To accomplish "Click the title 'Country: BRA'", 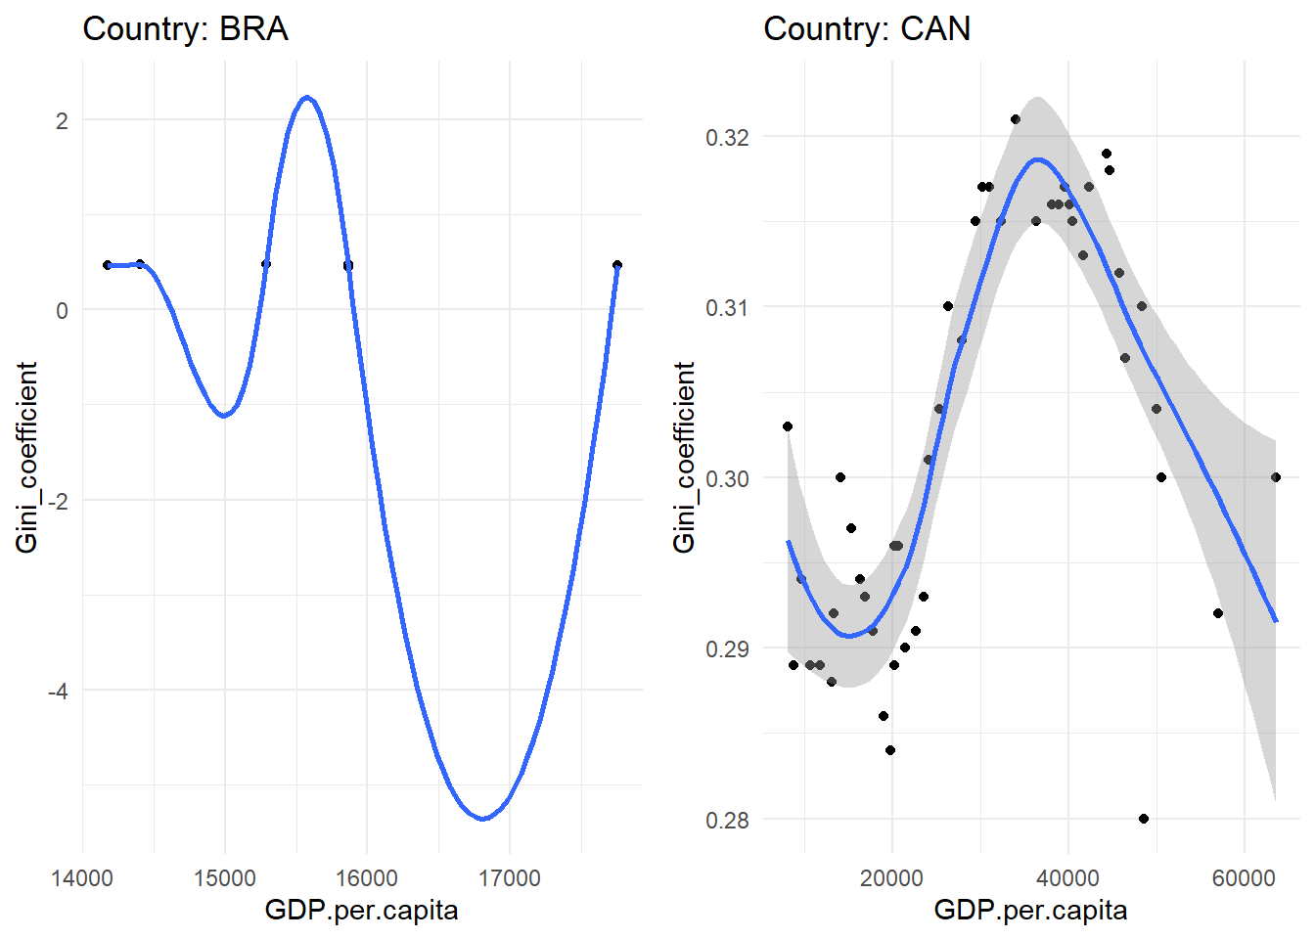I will click(186, 29).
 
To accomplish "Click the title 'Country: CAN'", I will click(867, 29).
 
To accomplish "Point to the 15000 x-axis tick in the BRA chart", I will click(224, 878).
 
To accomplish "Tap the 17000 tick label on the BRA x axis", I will click(510, 878).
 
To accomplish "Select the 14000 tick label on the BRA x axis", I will click(82, 878).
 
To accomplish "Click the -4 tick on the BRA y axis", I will click(58, 692).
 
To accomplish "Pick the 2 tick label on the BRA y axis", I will click(63, 121).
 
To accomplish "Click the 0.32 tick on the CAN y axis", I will click(727, 137).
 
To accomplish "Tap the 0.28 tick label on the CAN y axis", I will click(727, 821).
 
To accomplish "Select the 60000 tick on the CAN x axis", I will click(1244, 878).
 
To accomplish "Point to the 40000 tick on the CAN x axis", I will click(1067, 878).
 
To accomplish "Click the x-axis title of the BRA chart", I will click(361, 911).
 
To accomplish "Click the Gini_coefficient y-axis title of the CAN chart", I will click(684, 457).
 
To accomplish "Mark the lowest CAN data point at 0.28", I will click(1144, 819).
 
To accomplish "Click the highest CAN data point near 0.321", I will click(1016, 119).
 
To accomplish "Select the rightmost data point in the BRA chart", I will click(617, 265).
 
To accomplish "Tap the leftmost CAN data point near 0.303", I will click(788, 426).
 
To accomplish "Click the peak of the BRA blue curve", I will click(307, 98).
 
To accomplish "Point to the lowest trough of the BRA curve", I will click(483, 819).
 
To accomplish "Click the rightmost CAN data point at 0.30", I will click(1276, 477).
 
